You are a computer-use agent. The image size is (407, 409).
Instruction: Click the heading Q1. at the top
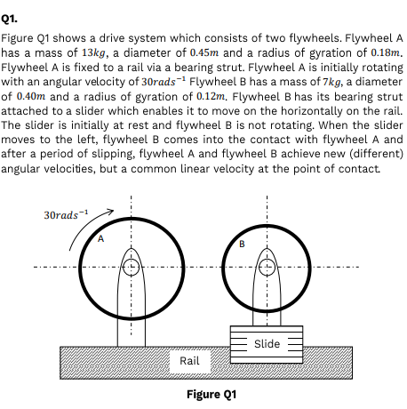[9, 19]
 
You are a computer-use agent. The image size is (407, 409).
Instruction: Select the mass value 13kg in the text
[93, 53]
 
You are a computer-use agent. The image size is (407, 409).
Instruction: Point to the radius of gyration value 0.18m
[385, 52]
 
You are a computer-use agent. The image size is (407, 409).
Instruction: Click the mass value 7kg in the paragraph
[331, 82]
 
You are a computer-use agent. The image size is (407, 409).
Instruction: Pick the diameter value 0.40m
[31, 96]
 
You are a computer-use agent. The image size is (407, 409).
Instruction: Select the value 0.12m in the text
[211, 96]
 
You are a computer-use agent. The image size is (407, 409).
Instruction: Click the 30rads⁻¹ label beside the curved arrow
[66, 214]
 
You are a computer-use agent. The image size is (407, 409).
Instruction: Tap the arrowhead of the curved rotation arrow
[111, 211]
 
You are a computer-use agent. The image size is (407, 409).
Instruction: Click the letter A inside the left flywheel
[100, 238]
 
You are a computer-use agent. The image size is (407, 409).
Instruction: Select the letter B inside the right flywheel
[242, 244]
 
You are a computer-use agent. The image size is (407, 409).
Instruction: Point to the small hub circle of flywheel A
[131, 267]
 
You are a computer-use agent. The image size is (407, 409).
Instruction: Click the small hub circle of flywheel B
[267, 267]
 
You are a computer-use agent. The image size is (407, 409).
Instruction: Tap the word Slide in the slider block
[267, 344]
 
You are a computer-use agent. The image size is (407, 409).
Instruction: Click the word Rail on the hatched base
[189, 361]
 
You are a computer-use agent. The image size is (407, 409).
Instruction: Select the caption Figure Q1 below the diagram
[211, 395]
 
